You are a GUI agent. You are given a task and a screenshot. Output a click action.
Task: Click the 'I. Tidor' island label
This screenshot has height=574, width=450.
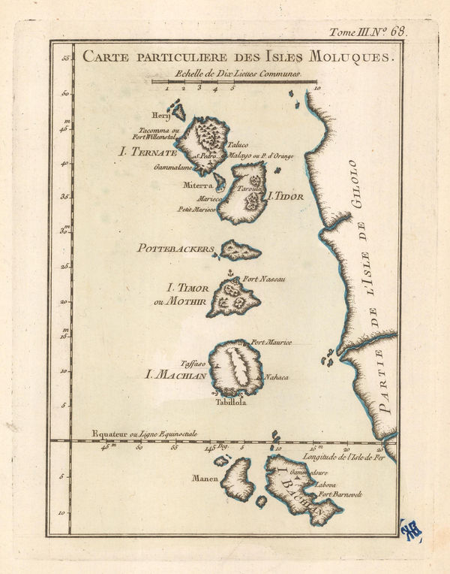pyautogui.click(x=286, y=197)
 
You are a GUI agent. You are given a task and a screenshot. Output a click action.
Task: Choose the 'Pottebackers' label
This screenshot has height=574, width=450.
pyautogui.click(x=175, y=248)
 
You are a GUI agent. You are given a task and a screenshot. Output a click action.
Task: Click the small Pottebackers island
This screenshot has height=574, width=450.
pyautogui.click(x=239, y=251)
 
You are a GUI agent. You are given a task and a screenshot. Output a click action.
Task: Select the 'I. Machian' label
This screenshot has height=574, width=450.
pyautogui.click(x=175, y=371)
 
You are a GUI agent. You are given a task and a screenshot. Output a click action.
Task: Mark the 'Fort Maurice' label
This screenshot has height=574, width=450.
pyautogui.click(x=271, y=343)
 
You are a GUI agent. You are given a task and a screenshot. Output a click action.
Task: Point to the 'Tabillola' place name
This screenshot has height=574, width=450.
pyautogui.click(x=232, y=402)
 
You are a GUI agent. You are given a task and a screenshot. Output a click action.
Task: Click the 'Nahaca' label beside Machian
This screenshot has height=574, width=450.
pyautogui.click(x=277, y=376)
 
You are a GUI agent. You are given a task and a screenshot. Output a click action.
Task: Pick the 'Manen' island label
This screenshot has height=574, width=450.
pyautogui.click(x=204, y=478)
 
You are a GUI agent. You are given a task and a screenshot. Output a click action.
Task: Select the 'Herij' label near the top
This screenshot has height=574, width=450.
pyautogui.click(x=161, y=116)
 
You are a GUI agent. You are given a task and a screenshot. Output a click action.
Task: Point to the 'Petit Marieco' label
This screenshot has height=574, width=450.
pyautogui.click(x=196, y=209)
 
